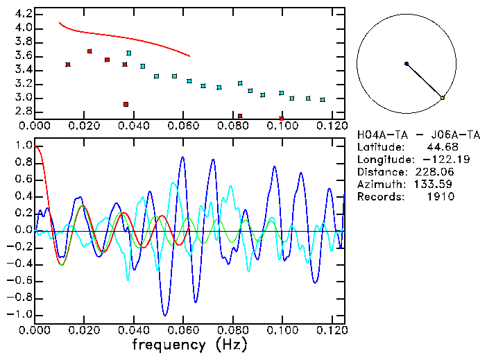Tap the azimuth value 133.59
[439, 184]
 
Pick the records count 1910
[442, 196]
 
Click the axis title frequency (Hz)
[189, 344]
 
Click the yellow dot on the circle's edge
[443, 98]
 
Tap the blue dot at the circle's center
[407, 63]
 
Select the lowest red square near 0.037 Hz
[126, 104]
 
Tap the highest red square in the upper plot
[89, 51]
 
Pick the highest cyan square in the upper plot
[129, 53]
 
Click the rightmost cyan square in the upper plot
[323, 100]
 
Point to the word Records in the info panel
[378, 196]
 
